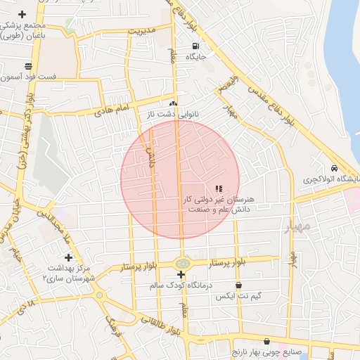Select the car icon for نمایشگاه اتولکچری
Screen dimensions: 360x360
333,169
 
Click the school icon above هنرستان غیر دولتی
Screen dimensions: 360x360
219,188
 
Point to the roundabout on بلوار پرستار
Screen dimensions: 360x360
182,264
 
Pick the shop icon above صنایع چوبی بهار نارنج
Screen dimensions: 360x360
267,342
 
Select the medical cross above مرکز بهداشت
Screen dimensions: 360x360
68,257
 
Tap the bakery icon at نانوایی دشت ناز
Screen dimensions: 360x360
173,103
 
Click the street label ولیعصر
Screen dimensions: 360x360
229,86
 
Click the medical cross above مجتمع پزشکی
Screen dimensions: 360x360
22,14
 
